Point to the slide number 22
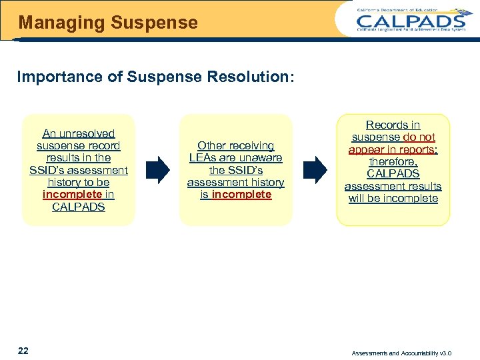[23, 351]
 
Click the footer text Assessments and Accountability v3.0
[411, 353]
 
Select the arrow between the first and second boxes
[157, 170]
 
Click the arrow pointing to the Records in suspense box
[315, 170]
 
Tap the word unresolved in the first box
[86, 133]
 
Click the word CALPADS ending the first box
[79, 207]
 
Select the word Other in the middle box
[211, 145]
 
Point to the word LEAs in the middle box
[204, 158]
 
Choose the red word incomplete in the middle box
[241, 195]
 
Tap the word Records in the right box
[383, 125]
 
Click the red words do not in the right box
[419, 137]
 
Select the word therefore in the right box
[393, 161]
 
